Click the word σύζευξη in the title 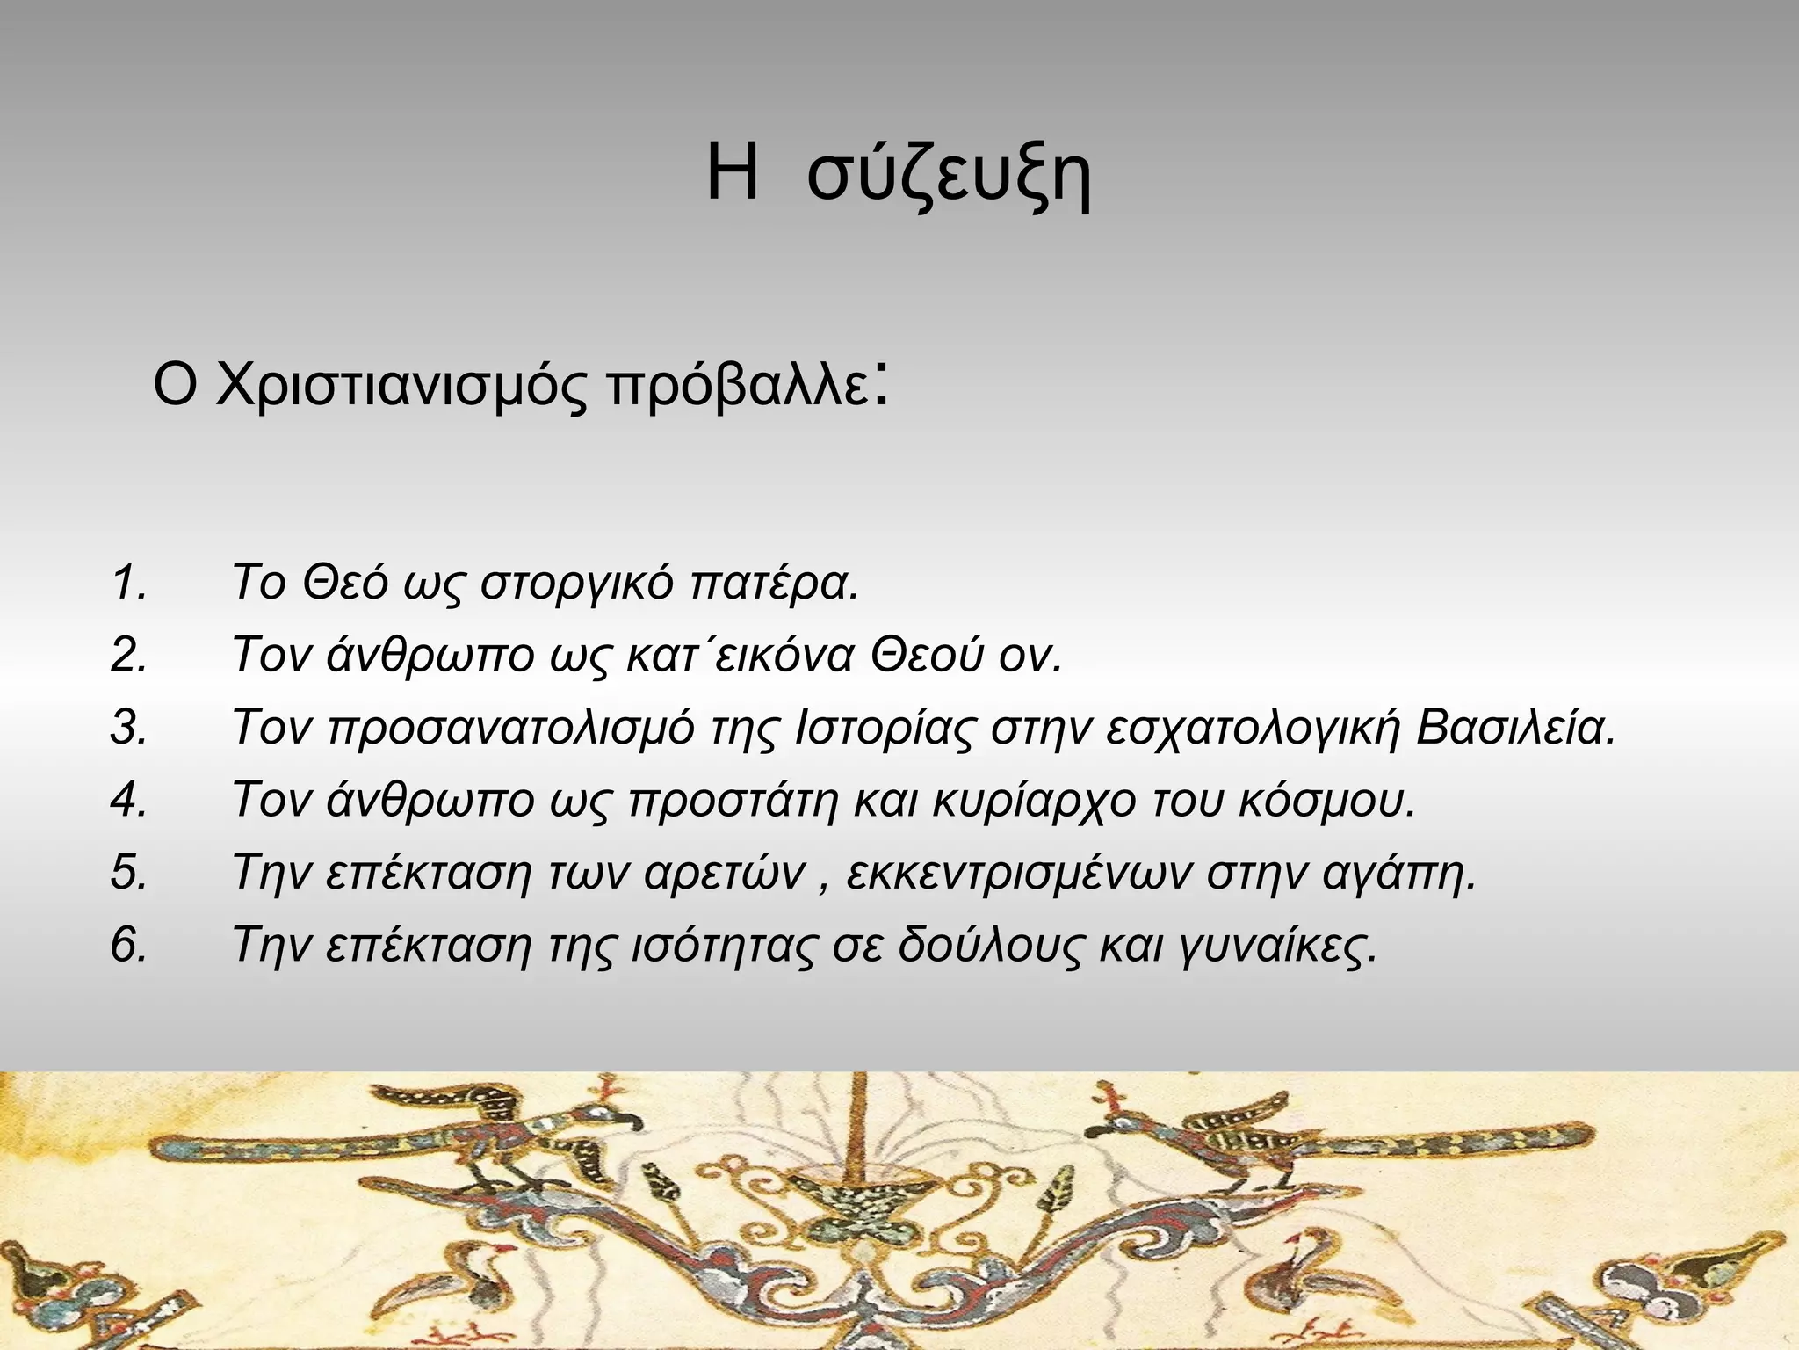tap(949, 176)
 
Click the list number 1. tap(129, 583)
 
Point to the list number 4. tap(129, 801)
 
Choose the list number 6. tap(129, 946)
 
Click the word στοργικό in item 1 tap(577, 583)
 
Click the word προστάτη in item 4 tap(733, 801)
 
